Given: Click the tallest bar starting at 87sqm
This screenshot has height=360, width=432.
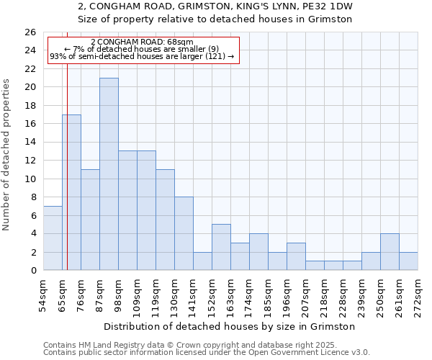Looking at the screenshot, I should (109, 174).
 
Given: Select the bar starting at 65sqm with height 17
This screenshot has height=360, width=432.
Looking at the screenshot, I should (71, 192).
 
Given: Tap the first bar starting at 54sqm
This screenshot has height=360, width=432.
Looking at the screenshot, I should (53, 238).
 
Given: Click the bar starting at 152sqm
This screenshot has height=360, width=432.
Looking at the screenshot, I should (221, 247).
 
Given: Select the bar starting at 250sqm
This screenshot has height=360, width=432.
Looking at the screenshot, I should (390, 252).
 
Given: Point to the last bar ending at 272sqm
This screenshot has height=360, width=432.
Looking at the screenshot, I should (408, 261).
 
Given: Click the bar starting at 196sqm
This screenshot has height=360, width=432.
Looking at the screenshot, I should (296, 256).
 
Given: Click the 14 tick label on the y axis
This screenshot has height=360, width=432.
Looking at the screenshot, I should (30, 143).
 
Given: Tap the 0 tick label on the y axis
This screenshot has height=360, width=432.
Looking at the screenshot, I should (33, 271).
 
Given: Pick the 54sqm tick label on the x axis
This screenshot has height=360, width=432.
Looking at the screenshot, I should (43, 295).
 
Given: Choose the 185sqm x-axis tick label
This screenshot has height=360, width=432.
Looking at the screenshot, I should (268, 295).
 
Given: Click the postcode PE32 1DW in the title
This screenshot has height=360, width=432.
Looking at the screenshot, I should (320, 6).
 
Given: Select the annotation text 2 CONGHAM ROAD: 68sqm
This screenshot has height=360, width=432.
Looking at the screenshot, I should (143, 42).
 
